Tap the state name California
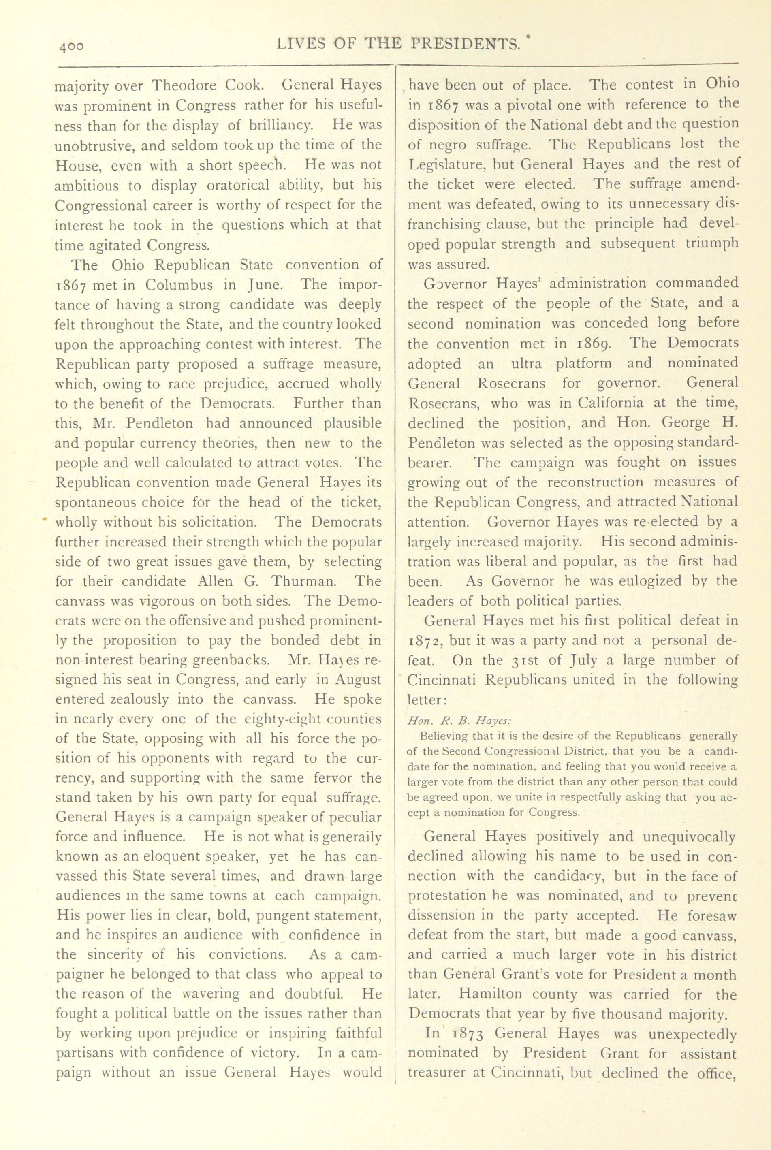point(610,403)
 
